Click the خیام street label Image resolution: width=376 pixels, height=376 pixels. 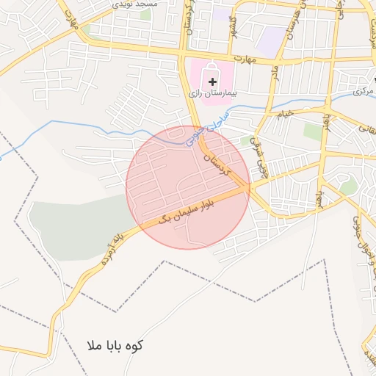coord(285,114)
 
